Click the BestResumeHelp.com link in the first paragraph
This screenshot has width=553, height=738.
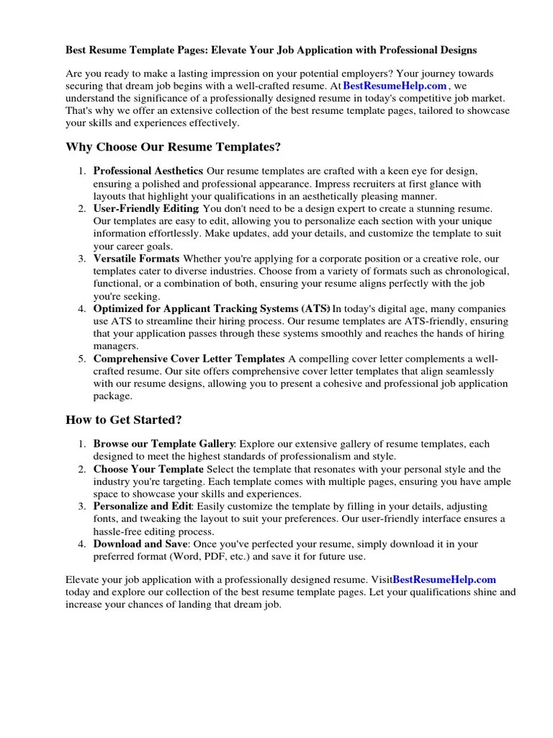click(x=395, y=86)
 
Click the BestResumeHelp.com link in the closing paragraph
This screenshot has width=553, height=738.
click(x=445, y=579)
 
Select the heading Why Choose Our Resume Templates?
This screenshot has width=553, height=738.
click(x=173, y=147)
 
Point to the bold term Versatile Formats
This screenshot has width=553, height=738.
click(x=136, y=259)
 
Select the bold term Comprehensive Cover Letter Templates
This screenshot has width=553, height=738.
click(x=189, y=359)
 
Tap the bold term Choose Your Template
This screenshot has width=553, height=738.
click(x=148, y=469)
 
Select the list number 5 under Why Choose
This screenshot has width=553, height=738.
click(x=81, y=359)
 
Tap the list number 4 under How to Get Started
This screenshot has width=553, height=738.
click(x=81, y=544)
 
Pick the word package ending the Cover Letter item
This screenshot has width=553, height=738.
click(x=112, y=396)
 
